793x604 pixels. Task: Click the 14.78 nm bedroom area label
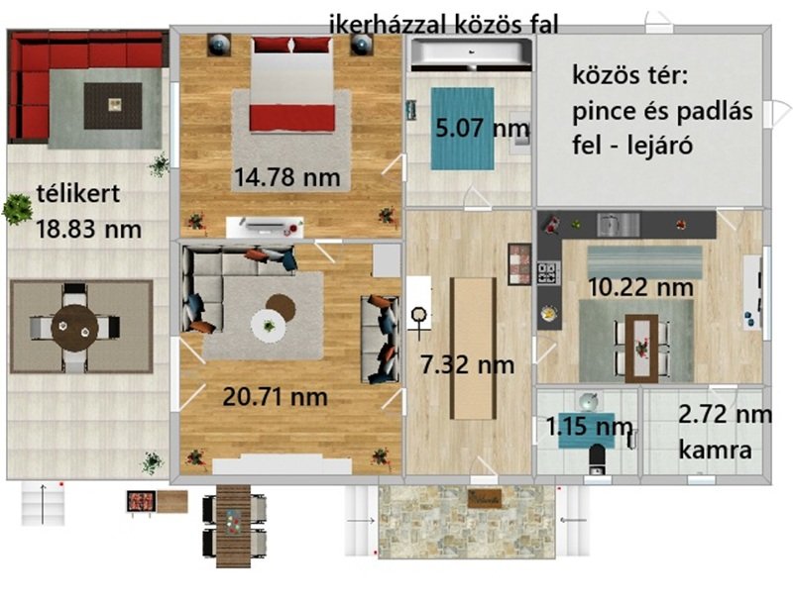pyautogui.click(x=286, y=177)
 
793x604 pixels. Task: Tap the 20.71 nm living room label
pyautogui.click(x=276, y=396)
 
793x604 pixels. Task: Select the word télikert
pyautogui.click(x=78, y=193)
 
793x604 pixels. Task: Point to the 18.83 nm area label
pyautogui.click(x=88, y=229)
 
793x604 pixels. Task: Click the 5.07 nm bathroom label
pyautogui.click(x=483, y=128)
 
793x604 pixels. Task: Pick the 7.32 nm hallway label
pyautogui.click(x=467, y=364)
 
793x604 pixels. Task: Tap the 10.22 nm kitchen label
pyautogui.click(x=640, y=287)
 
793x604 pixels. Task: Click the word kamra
pyautogui.click(x=715, y=450)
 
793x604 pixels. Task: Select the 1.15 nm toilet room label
pyautogui.click(x=589, y=426)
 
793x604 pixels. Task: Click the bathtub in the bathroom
pyautogui.click(x=471, y=54)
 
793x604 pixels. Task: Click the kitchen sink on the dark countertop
pyautogui.click(x=618, y=225)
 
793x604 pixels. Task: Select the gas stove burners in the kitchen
pyautogui.click(x=548, y=272)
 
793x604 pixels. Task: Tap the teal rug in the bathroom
pyautogui.click(x=462, y=129)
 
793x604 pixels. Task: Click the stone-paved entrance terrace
pyautogui.click(x=467, y=522)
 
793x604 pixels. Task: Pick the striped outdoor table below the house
pyautogui.click(x=233, y=526)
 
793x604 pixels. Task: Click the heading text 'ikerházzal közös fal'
pyautogui.click(x=443, y=24)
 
